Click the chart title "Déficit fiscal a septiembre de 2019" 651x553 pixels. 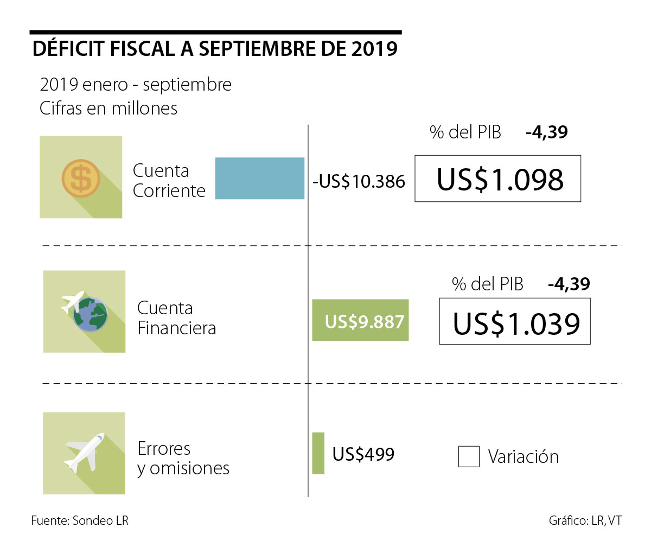[215, 49]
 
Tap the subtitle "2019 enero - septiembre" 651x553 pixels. [136, 85]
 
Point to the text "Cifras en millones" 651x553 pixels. [108, 109]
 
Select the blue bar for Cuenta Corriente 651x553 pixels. [259, 179]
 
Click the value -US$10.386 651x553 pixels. [359, 181]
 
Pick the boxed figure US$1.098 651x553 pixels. [497, 179]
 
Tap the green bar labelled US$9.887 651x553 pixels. [360, 321]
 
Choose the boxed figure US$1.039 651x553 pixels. [514, 323]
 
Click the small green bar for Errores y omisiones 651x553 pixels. [318, 453]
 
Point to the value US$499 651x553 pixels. [363, 454]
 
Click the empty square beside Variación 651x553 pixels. [469, 456]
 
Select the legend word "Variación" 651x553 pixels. [523, 457]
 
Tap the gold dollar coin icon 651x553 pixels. [81, 178]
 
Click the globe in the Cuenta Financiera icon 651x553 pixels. [91, 315]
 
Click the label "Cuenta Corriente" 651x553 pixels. [169, 181]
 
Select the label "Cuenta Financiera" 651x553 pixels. [176, 318]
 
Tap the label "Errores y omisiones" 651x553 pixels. [183, 459]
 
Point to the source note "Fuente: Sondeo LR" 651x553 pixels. [80, 520]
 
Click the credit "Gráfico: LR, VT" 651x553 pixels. [585, 520]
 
